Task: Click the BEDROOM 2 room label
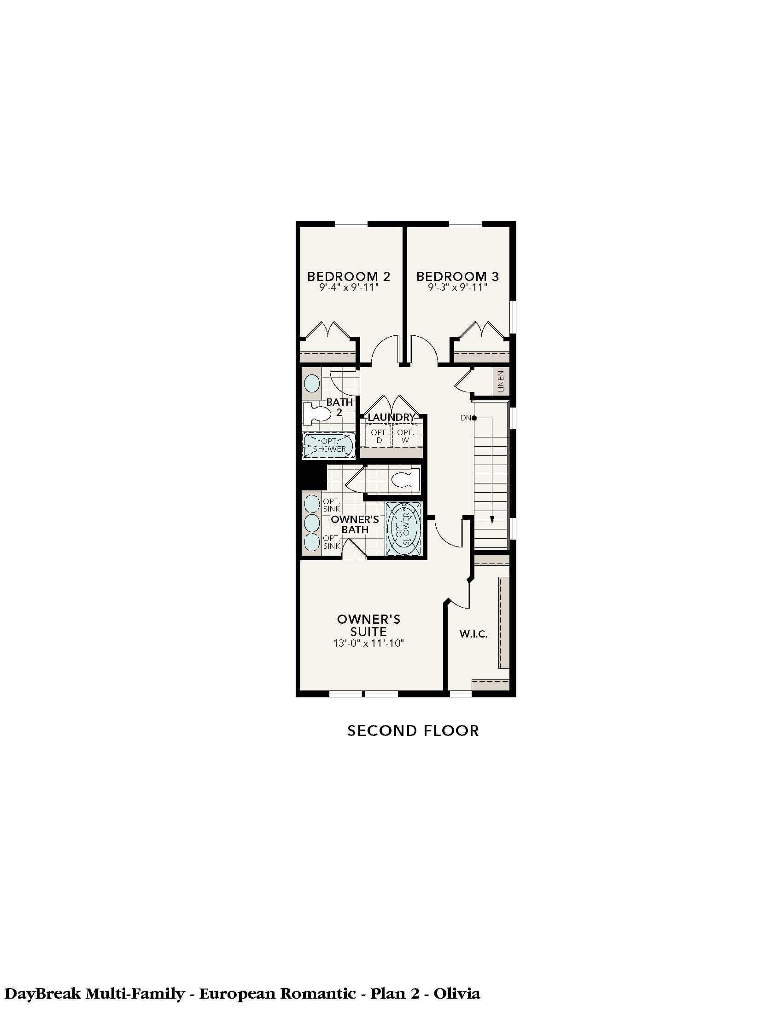tap(349, 276)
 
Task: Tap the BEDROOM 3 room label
tap(457, 276)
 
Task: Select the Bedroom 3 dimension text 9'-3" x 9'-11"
tap(457, 288)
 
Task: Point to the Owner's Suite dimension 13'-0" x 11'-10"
tap(369, 643)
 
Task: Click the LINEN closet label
tap(501, 381)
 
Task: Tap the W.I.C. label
tap(473, 634)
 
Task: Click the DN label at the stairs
tap(465, 418)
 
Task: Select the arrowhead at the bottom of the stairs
tap(492, 520)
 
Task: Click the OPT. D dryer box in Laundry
tap(379, 436)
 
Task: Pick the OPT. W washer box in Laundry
tap(405, 436)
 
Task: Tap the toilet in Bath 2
tap(316, 414)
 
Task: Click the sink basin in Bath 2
tap(312, 384)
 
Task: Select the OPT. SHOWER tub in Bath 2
tap(328, 445)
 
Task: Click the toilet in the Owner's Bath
tap(405, 480)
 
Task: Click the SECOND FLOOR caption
tap(413, 731)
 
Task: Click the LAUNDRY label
tap(391, 417)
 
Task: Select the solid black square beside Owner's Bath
tap(312, 477)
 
